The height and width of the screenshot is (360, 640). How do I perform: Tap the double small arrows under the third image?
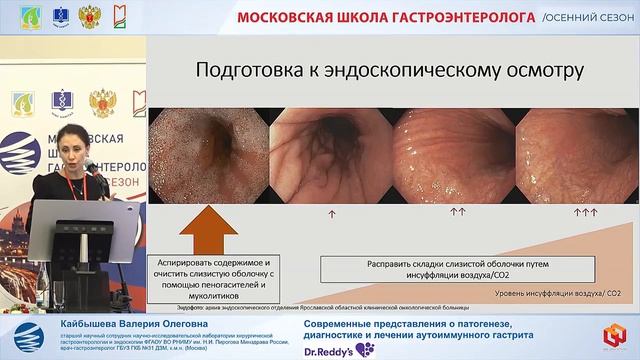(458, 213)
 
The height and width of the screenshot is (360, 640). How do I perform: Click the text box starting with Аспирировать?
(208, 274)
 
